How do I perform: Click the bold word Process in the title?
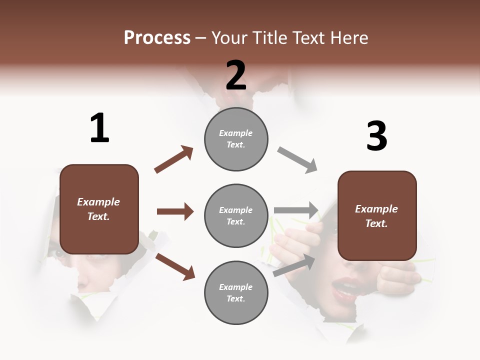(x=157, y=37)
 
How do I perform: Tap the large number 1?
(x=99, y=128)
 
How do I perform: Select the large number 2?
(x=236, y=75)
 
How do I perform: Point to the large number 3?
(x=376, y=136)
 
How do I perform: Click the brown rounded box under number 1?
(x=99, y=209)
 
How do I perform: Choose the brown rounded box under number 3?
(x=377, y=215)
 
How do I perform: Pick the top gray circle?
(x=236, y=139)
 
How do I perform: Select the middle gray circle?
(x=236, y=215)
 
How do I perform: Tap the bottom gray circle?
(x=236, y=292)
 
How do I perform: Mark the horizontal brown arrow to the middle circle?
(x=175, y=211)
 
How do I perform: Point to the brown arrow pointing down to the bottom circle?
(x=175, y=266)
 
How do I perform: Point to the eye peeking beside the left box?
(x=59, y=253)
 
